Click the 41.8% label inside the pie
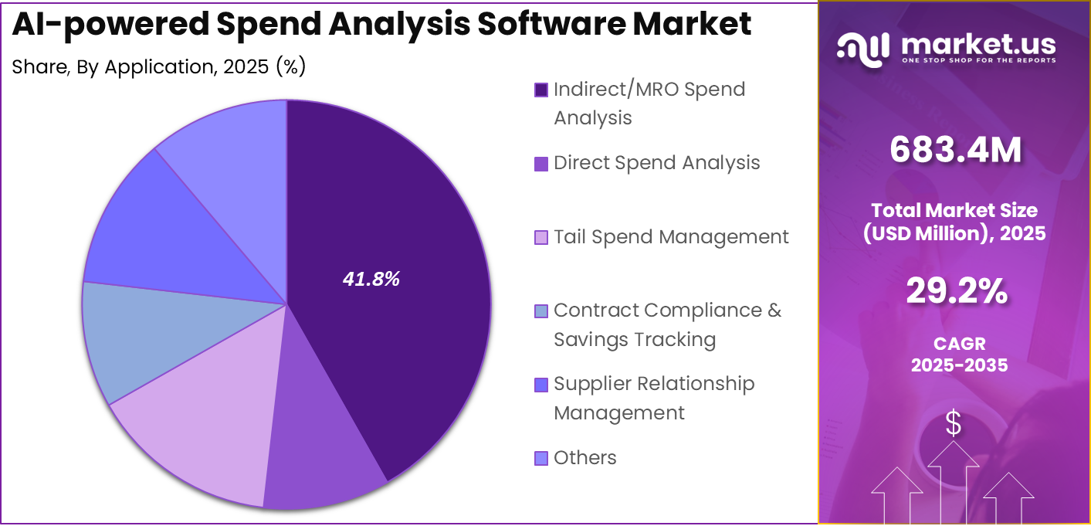coord(371,280)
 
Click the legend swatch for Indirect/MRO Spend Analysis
coord(541,90)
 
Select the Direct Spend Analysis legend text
coord(656,163)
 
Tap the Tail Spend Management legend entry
coord(671,236)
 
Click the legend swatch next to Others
coord(541,459)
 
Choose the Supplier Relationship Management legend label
coord(653,399)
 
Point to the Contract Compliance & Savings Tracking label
coord(667,324)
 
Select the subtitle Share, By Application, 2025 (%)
coord(159,67)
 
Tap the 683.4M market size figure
coord(955,150)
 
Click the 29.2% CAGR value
coord(956,291)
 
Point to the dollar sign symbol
coord(954,423)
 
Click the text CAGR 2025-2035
coord(959,355)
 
